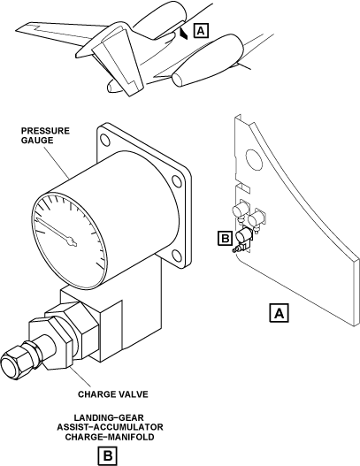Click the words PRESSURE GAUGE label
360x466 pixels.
45,135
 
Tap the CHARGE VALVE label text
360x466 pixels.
113,394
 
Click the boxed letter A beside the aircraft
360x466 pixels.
201,31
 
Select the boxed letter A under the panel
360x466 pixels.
279,313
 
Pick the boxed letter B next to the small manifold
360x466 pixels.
225,239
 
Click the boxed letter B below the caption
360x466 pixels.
108,455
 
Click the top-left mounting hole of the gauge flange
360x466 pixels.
105,140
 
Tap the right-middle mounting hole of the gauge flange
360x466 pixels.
178,181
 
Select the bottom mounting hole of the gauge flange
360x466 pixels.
176,256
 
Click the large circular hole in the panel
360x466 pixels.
254,159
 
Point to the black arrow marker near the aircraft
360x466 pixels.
183,34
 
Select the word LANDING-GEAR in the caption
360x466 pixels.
109,417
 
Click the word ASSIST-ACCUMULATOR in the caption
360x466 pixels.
110,427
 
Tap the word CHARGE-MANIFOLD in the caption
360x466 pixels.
110,437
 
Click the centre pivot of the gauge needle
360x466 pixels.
72,241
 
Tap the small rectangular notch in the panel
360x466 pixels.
243,187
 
